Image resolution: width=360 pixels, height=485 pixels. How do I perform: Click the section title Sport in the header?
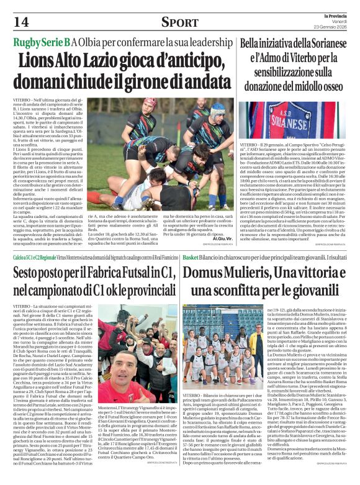click(x=179, y=22)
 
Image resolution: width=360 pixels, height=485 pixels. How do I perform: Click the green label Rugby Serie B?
click(x=41, y=42)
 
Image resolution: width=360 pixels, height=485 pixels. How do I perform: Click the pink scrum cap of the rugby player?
click(x=149, y=102)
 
